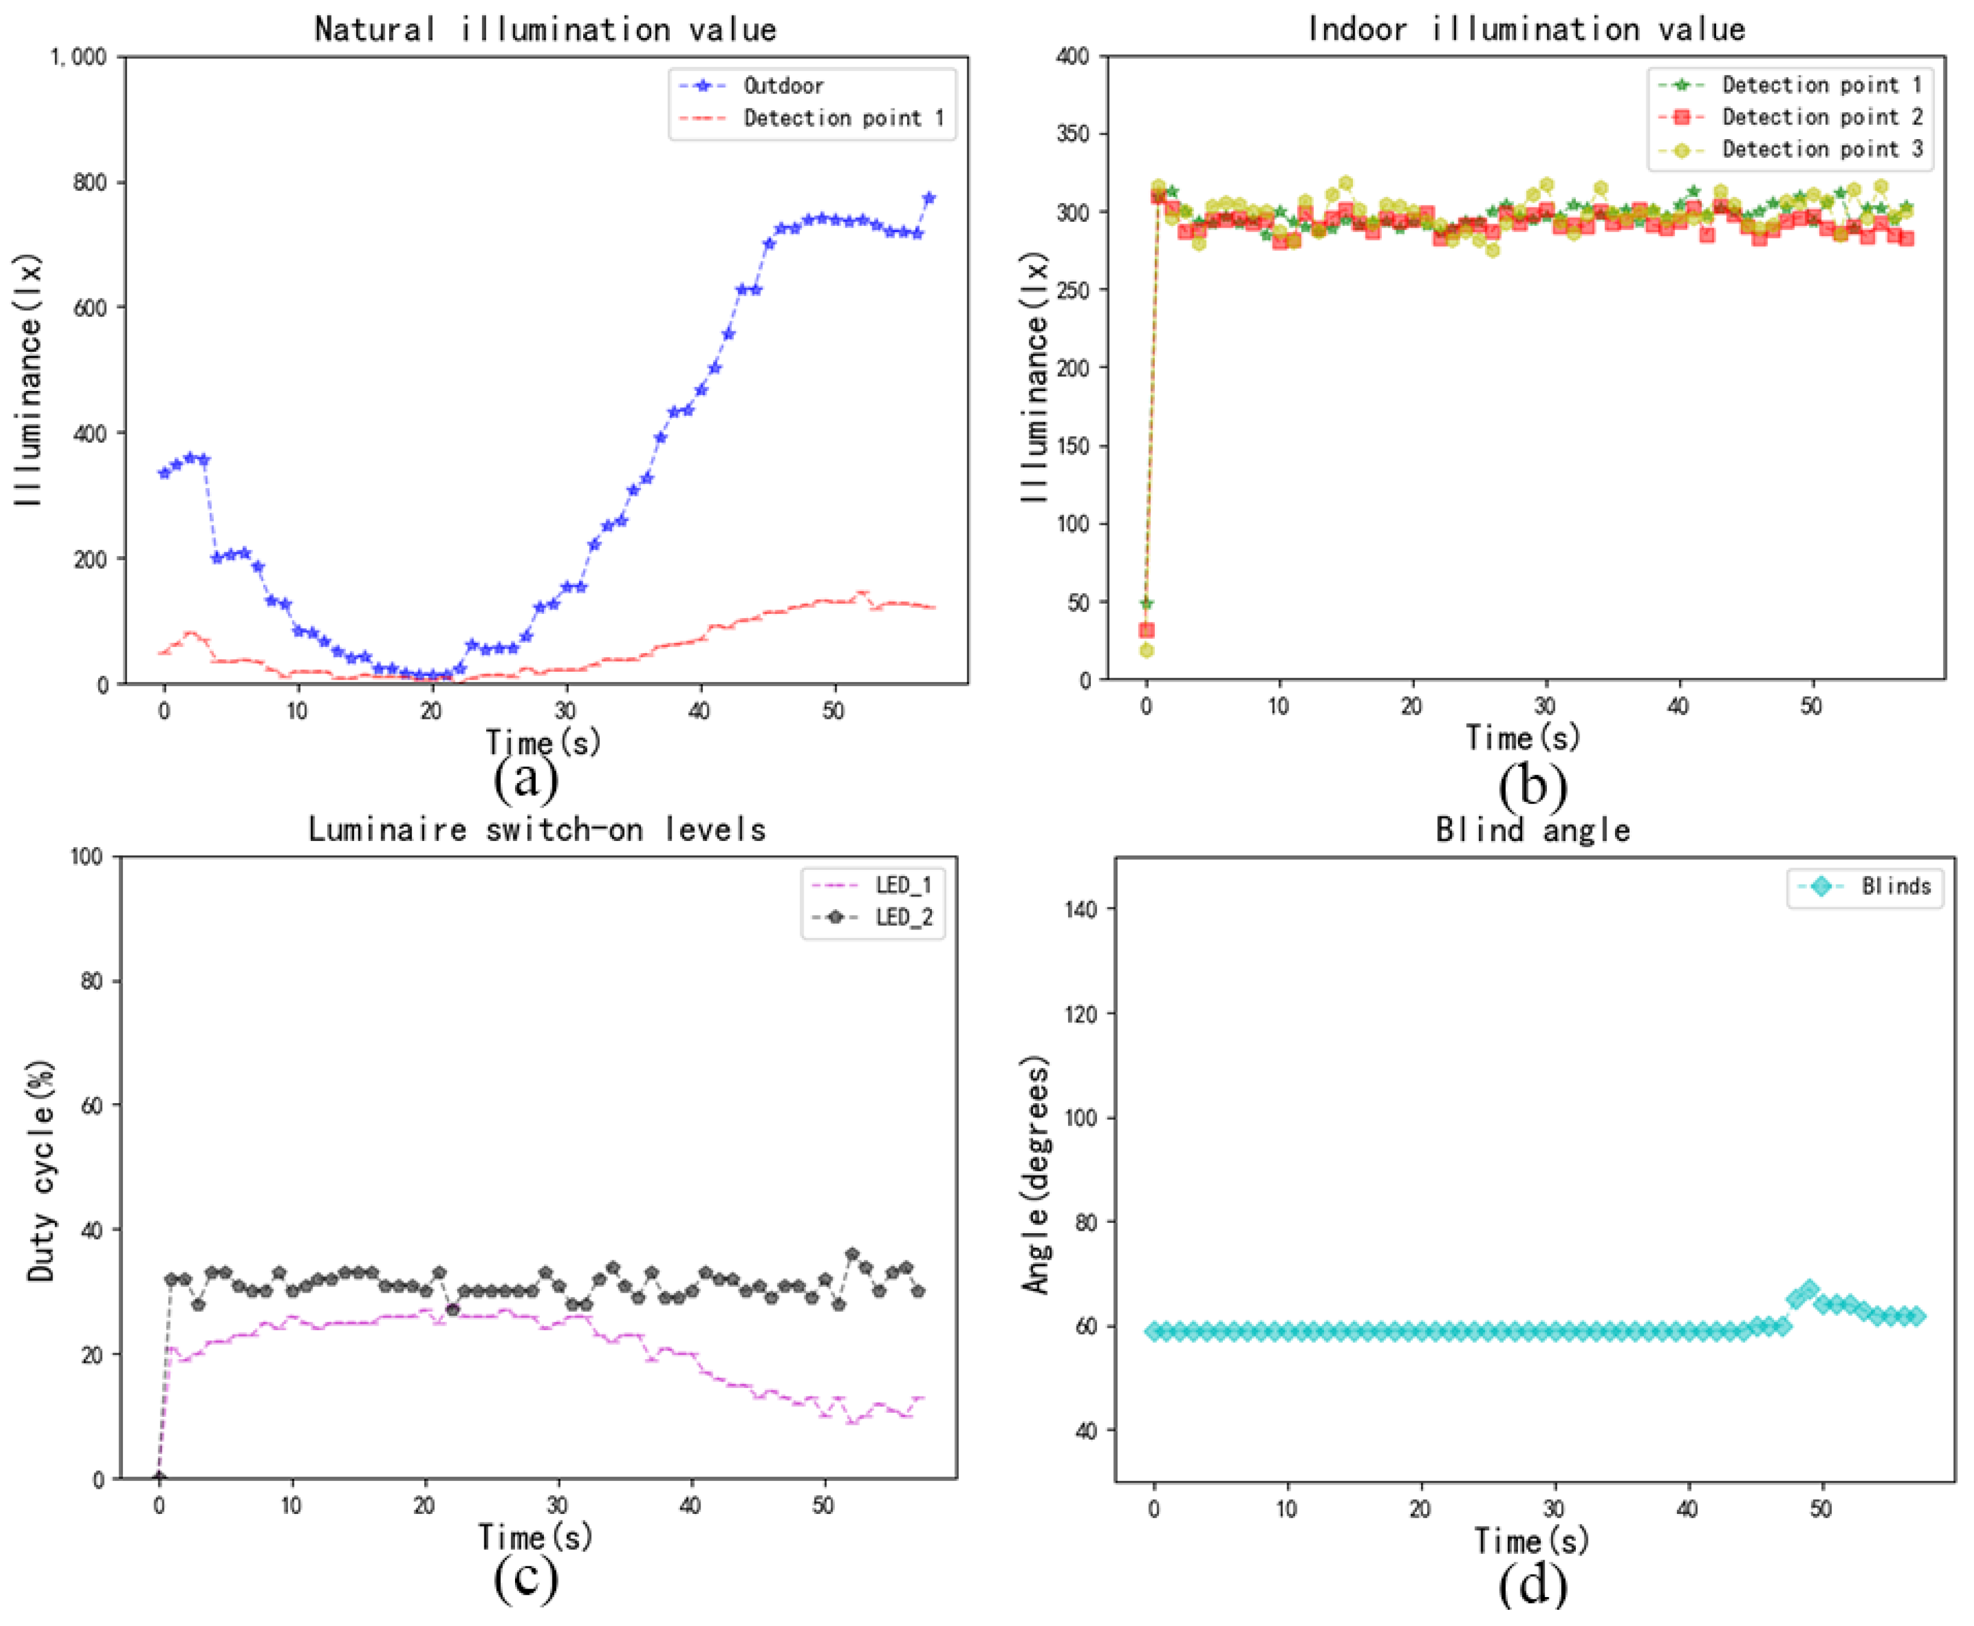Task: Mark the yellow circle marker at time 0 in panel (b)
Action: point(1145,650)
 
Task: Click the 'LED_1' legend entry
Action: point(904,885)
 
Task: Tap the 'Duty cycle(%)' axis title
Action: point(40,1171)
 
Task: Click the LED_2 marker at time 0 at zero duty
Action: point(159,1478)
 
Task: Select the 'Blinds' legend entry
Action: point(1895,886)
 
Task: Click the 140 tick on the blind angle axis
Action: point(1081,908)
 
